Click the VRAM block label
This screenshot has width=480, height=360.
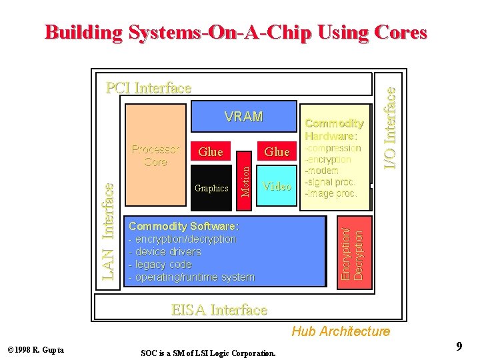coord(243,117)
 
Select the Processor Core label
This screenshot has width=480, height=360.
coord(155,155)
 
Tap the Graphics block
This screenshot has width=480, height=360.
coord(211,189)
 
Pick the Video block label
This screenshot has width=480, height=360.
coord(277,187)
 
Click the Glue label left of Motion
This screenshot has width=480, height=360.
coord(211,152)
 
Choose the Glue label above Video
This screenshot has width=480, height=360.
coord(277,152)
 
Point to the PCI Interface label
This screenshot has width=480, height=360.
coord(149,88)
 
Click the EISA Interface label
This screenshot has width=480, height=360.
coord(219,310)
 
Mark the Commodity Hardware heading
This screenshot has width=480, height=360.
coord(334,129)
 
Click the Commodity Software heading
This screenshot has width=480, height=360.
coord(183,226)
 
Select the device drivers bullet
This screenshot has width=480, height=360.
coord(167,252)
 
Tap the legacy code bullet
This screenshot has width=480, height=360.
coord(163,265)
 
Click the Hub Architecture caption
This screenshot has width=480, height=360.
coord(340,331)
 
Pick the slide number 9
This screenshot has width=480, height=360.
coord(459,346)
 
